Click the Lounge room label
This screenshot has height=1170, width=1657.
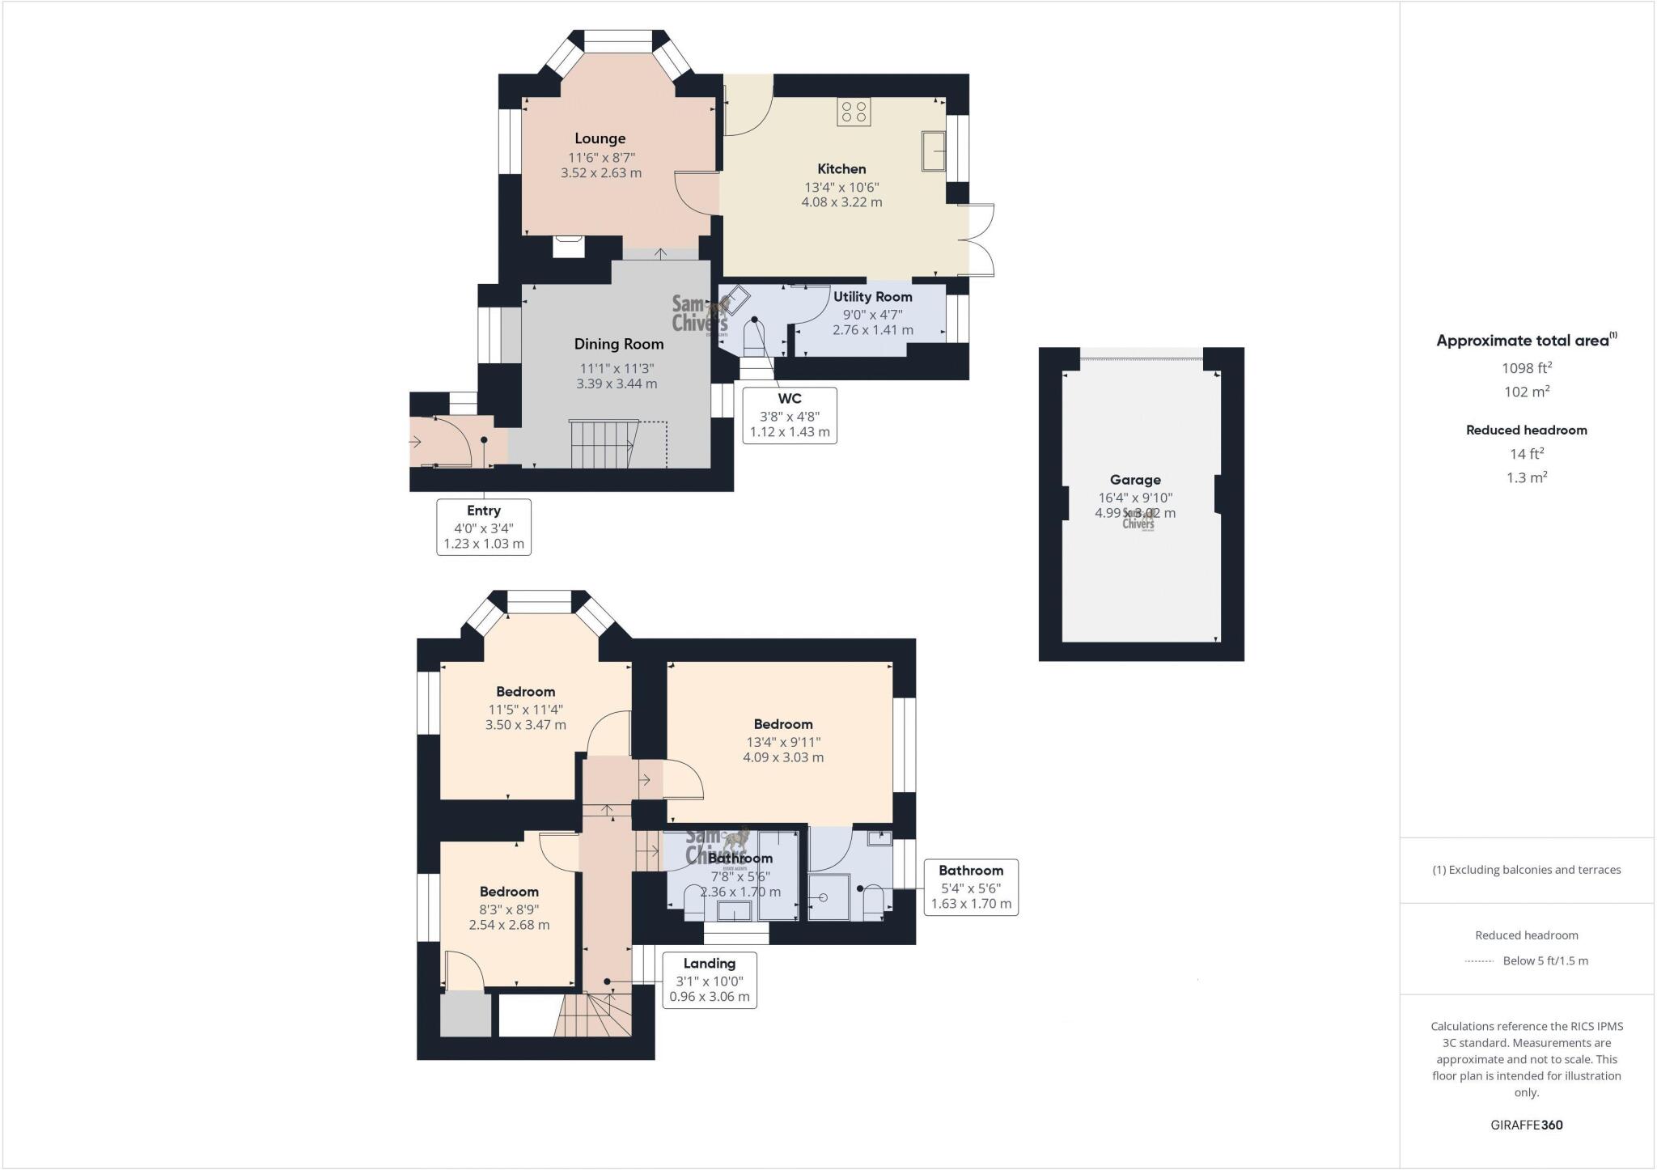point(600,138)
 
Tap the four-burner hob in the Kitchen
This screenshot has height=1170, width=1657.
point(854,112)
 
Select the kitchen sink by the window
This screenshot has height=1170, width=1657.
point(934,150)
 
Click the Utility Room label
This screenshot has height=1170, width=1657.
point(872,297)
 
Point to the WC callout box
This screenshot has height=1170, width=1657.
point(790,415)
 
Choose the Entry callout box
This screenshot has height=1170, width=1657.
point(484,527)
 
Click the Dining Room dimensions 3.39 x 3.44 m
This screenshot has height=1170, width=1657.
point(617,384)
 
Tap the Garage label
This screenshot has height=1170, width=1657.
point(1134,480)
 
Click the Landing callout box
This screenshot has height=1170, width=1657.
point(710,980)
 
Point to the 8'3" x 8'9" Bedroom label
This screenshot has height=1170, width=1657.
point(509,892)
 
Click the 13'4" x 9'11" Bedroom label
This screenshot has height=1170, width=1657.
point(782,724)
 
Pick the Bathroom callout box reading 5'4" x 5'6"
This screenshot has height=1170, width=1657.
point(971,887)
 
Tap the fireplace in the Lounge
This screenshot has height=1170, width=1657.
point(569,246)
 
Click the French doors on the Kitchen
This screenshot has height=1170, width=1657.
point(981,240)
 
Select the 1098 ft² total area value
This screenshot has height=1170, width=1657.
point(1526,368)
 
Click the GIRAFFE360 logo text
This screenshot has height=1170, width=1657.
point(1526,1125)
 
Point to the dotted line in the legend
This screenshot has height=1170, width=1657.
point(1478,961)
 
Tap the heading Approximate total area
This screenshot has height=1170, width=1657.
point(1522,341)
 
